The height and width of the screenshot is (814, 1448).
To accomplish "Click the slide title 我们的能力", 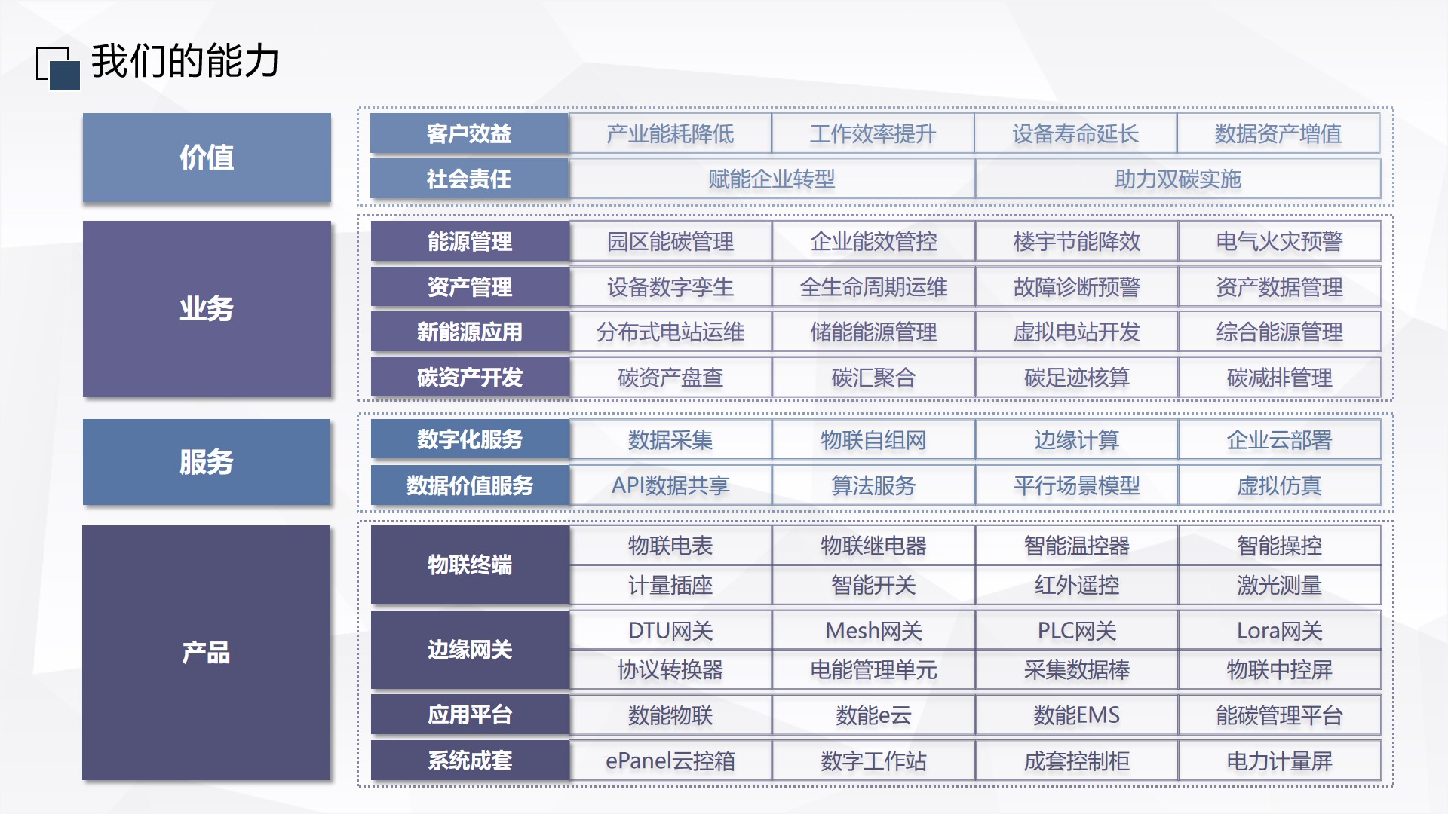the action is [x=185, y=61].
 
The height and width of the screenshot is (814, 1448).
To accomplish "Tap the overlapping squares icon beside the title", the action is [x=58, y=68].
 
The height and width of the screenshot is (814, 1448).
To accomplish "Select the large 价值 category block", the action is [x=207, y=158].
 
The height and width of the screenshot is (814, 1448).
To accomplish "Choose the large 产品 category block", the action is [x=207, y=653].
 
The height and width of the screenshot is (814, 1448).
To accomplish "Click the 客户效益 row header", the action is [x=469, y=134].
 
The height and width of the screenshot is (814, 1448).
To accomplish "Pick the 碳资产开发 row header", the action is [x=469, y=378].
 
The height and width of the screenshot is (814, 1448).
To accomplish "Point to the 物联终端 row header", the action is [x=469, y=565].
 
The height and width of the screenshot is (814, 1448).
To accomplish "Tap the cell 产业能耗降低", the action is [x=670, y=134].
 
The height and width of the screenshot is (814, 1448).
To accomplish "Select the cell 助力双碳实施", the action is [x=1178, y=179].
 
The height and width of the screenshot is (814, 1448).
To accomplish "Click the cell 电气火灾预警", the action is [x=1279, y=242].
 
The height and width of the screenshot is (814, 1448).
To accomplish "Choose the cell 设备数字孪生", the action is [x=670, y=287].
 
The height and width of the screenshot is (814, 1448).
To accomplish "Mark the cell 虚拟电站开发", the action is [x=1076, y=332].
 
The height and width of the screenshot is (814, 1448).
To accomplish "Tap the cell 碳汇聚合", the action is [x=873, y=378].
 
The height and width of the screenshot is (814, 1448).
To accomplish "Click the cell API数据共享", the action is [x=670, y=485].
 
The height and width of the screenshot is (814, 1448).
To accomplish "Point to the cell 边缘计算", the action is [x=1076, y=440].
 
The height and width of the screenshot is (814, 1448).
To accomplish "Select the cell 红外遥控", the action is [x=1076, y=586].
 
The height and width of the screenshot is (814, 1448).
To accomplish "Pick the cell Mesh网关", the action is [x=873, y=631].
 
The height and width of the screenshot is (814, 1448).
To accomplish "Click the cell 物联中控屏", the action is [x=1279, y=670].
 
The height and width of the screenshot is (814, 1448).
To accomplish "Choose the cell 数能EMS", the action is [x=1076, y=715].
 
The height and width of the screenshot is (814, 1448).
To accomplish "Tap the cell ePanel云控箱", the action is [x=670, y=761].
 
